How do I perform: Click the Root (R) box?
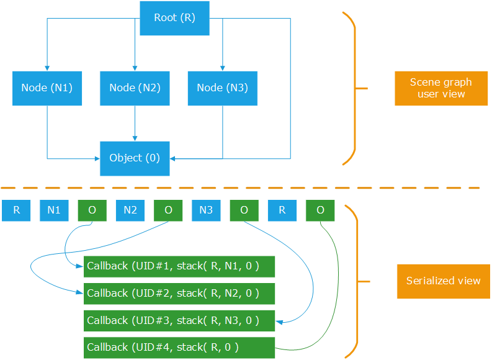pyautogui.click(x=174, y=17)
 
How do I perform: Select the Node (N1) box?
pyautogui.click(x=47, y=88)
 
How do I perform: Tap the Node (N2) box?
pyautogui.click(x=135, y=88)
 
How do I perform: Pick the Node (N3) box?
pyautogui.click(x=222, y=88)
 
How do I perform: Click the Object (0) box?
pyautogui.click(x=135, y=158)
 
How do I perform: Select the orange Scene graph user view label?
pyautogui.click(x=441, y=88)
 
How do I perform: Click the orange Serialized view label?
pyautogui.click(x=443, y=281)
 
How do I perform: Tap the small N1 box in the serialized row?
pyautogui.click(x=54, y=210)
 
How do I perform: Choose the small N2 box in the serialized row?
pyautogui.click(x=130, y=210)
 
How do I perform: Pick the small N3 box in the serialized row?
pyautogui.click(x=206, y=210)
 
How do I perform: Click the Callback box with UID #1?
pyautogui.click(x=179, y=266)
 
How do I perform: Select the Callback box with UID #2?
pyautogui.click(x=179, y=293)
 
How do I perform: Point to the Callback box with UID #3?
pyautogui.click(x=179, y=320)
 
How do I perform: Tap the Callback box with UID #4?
pyautogui.click(x=179, y=347)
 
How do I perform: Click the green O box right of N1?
pyautogui.click(x=92, y=210)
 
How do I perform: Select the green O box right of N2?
pyautogui.click(x=168, y=210)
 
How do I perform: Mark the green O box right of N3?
pyautogui.click(x=244, y=210)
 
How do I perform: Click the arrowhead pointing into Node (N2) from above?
pyautogui.click(x=135, y=67)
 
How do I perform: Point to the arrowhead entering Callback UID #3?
pyautogui.click(x=279, y=322)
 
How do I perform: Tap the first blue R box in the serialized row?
pyautogui.click(x=16, y=210)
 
